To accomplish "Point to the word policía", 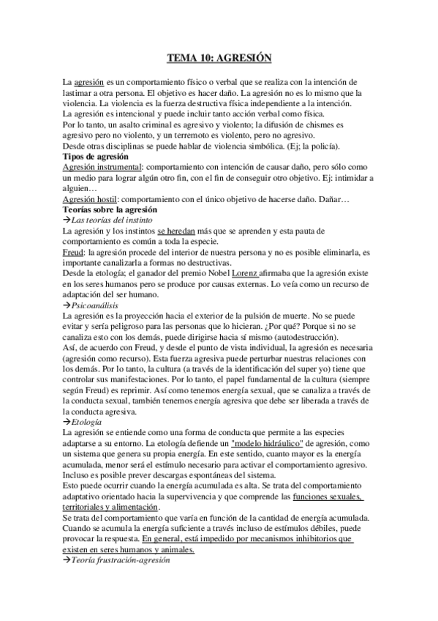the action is (315, 146).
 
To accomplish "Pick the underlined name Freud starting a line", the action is (73, 252).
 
